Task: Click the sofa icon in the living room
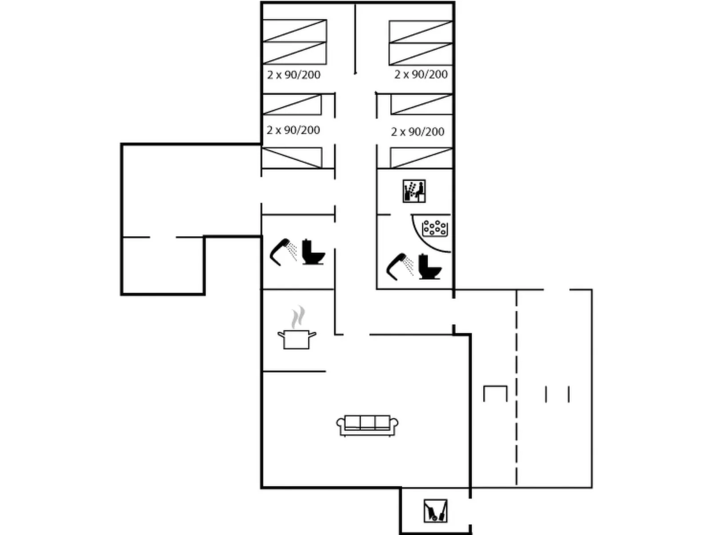click(x=367, y=425)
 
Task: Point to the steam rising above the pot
click(x=297, y=317)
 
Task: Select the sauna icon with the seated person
click(x=414, y=191)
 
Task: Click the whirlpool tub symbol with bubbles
click(x=435, y=228)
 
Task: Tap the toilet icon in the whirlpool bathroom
click(x=430, y=266)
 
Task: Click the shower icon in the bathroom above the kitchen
click(x=283, y=252)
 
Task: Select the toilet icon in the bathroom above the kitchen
click(x=313, y=252)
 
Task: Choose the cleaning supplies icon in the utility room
click(x=436, y=511)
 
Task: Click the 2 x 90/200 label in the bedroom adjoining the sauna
click(x=417, y=132)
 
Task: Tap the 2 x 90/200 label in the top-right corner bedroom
click(x=421, y=75)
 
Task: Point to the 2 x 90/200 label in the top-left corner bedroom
click(x=294, y=75)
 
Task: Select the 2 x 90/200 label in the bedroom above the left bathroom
click(x=293, y=130)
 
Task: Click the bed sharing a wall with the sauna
click(x=421, y=158)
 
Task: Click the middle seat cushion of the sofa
click(x=367, y=422)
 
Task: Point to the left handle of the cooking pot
click(x=281, y=334)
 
